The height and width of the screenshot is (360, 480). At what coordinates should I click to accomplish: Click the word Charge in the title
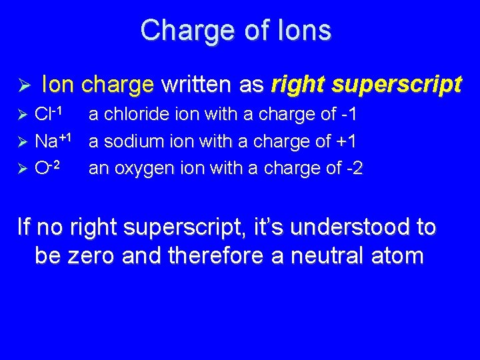(180, 30)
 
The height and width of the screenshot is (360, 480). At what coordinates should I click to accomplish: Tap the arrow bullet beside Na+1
(22, 141)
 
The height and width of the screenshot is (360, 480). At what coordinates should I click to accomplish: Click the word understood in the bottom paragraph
(347, 227)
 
